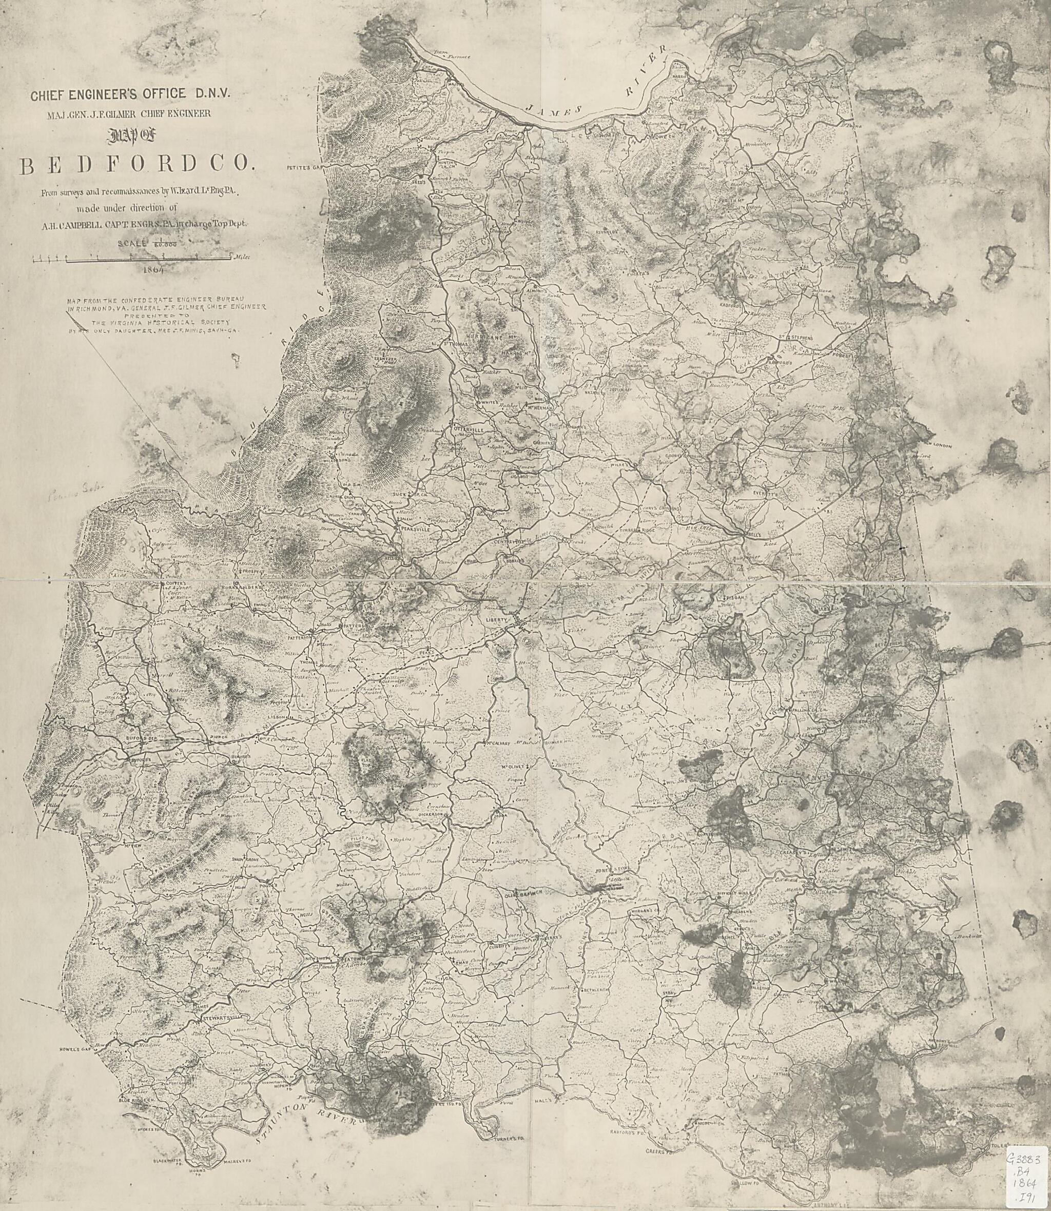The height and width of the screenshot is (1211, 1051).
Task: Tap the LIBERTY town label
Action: click(x=496, y=620)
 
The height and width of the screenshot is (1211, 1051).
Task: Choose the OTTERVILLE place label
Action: click(x=469, y=430)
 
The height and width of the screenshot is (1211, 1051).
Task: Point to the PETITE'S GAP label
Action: click(x=305, y=167)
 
